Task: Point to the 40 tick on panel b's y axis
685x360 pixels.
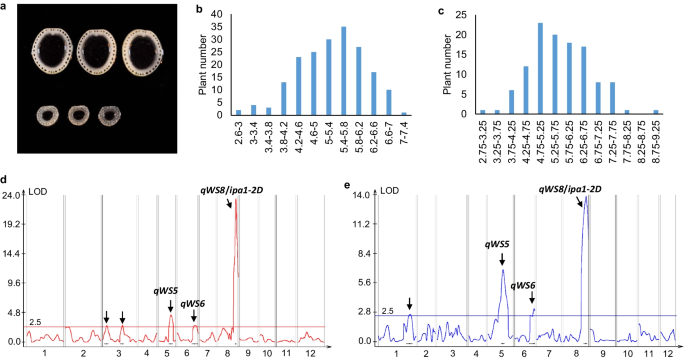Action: (223, 17)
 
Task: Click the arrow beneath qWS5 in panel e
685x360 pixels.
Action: (503, 258)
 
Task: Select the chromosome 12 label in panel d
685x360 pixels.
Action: (312, 353)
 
